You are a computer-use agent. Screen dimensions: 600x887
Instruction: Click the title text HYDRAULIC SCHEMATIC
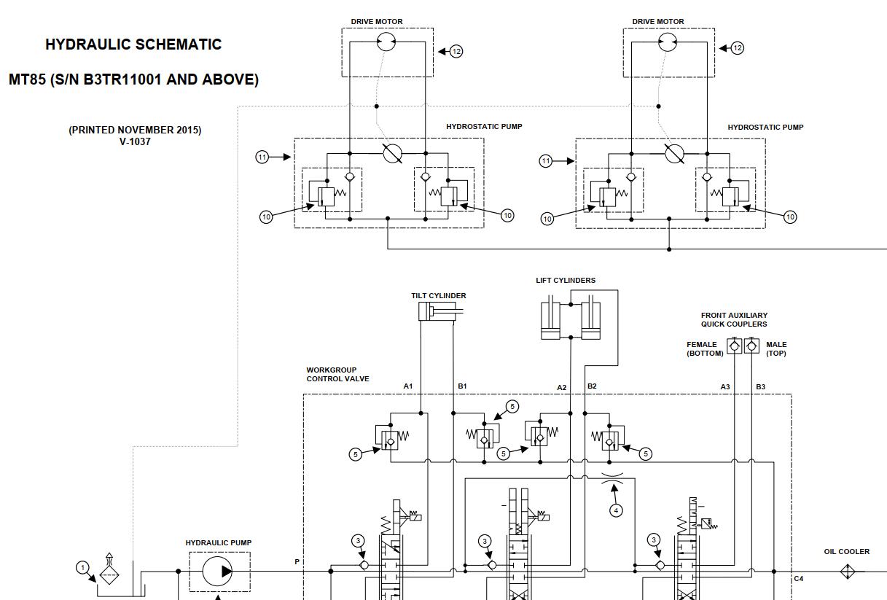pyautogui.click(x=133, y=44)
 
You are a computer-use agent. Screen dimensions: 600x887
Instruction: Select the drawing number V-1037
pyautogui.click(x=135, y=141)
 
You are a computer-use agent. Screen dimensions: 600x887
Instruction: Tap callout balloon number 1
pyautogui.click(x=83, y=567)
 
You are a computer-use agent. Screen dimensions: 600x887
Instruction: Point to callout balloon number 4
pyautogui.click(x=616, y=510)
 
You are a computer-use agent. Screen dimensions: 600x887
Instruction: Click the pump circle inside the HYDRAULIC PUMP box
pyautogui.click(x=218, y=571)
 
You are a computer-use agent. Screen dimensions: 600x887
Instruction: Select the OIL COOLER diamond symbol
pyautogui.click(x=848, y=572)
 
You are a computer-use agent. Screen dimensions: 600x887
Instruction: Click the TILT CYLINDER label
pyautogui.click(x=439, y=296)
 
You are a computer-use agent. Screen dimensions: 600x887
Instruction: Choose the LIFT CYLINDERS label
pyautogui.click(x=566, y=281)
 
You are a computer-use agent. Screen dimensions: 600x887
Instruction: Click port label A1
pyautogui.click(x=408, y=386)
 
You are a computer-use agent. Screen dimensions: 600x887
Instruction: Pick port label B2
pyautogui.click(x=592, y=386)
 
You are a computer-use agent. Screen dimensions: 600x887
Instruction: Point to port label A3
pyautogui.click(x=725, y=386)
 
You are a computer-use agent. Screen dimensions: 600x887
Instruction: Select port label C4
pyautogui.click(x=798, y=579)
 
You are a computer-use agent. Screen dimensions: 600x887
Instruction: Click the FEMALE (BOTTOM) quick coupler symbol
pyautogui.click(x=734, y=346)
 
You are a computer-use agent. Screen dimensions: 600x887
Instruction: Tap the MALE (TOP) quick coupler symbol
pyautogui.click(x=752, y=346)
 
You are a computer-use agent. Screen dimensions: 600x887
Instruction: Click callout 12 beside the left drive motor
pyautogui.click(x=456, y=51)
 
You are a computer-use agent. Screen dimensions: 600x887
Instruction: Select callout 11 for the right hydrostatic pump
pyautogui.click(x=545, y=161)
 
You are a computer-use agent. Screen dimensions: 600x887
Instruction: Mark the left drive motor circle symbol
pyautogui.click(x=386, y=42)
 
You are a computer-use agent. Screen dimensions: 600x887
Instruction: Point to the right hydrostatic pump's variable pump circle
pyautogui.click(x=674, y=153)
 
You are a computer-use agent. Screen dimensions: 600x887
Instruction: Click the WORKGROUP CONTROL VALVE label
pyautogui.click(x=337, y=374)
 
